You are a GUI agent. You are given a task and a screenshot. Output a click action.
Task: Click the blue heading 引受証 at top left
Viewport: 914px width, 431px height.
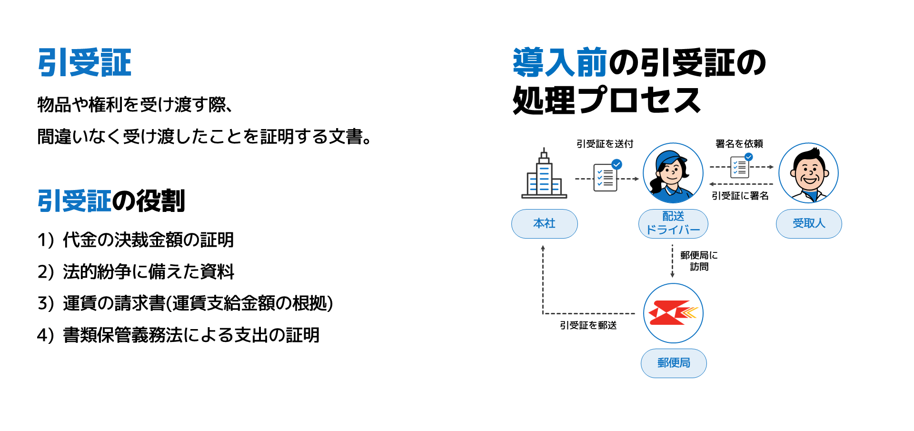tap(84, 63)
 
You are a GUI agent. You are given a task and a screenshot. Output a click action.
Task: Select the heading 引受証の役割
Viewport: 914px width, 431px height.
tap(111, 200)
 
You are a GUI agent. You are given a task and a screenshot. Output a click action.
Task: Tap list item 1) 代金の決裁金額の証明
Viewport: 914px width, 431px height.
tap(136, 240)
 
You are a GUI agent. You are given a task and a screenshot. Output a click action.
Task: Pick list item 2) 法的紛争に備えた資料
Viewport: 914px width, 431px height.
tap(136, 271)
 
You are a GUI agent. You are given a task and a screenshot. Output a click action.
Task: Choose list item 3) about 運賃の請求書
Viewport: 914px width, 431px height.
tap(185, 303)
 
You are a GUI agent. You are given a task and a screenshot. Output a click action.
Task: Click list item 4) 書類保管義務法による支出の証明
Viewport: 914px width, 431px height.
tap(178, 335)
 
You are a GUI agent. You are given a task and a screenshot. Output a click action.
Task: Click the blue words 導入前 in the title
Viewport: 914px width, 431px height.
tap(560, 63)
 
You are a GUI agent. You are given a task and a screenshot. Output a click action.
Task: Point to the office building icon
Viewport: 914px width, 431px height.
tap(544, 173)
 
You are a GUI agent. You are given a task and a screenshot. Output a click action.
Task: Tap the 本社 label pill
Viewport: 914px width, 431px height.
tap(545, 223)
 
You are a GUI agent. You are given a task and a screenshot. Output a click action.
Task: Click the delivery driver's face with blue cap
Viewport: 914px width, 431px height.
tap(673, 173)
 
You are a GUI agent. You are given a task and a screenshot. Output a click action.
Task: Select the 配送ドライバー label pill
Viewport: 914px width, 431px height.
tap(673, 223)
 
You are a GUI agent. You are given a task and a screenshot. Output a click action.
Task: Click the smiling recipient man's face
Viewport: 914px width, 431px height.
tap(808, 173)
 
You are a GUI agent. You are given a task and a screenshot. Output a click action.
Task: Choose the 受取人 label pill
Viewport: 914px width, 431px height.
tap(809, 223)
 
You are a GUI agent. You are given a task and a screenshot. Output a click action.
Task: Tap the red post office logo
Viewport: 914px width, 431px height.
tap(673, 313)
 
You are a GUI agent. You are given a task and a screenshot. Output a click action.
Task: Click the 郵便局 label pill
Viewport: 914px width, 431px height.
tap(674, 363)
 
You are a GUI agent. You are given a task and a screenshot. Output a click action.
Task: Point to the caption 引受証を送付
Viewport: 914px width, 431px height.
tap(605, 144)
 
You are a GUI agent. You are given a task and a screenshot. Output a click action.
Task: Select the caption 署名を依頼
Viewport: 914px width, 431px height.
tap(739, 144)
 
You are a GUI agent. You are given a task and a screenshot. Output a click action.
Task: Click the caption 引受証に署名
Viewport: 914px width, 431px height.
tap(740, 196)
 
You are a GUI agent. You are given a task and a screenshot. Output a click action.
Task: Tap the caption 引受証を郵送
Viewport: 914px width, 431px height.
tap(588, 325)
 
